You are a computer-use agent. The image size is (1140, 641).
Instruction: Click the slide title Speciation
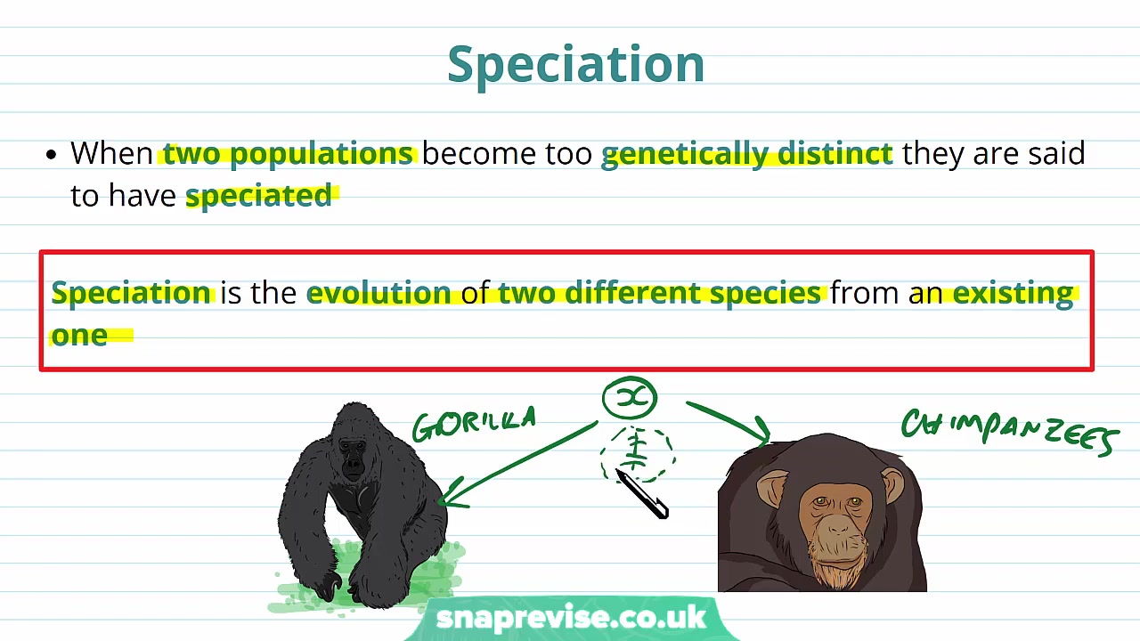tap(575, 64)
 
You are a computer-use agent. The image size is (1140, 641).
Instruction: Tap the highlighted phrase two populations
tap(288, 154)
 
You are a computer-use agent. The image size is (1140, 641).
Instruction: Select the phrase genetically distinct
tap(746, 154)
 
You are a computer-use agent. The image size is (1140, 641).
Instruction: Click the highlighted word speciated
tap(258, 196)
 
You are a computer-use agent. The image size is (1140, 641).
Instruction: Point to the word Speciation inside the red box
tap(131, 293)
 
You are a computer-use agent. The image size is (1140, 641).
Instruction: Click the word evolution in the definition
tap(379, 293)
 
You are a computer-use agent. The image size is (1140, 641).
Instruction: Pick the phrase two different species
tap(659, 293)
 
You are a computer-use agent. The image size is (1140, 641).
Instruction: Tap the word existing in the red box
tap(1013, 293)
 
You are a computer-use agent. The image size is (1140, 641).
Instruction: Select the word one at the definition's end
tap(79, 335)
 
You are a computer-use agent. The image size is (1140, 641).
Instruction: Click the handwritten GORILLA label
tap(474, 425)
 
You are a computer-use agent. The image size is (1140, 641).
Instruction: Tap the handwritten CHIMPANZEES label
tap(1009, 431)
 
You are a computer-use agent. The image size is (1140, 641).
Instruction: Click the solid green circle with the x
tap(630, 398)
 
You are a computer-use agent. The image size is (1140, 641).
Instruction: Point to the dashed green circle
tap(637, 452)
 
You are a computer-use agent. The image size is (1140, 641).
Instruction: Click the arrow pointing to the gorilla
tap(517, 465)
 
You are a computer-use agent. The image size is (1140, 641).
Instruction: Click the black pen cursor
tap(643, 495)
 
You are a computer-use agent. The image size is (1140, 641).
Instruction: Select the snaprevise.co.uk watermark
tap(570, 618)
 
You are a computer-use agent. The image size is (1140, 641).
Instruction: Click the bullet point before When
tap(51, 155)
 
